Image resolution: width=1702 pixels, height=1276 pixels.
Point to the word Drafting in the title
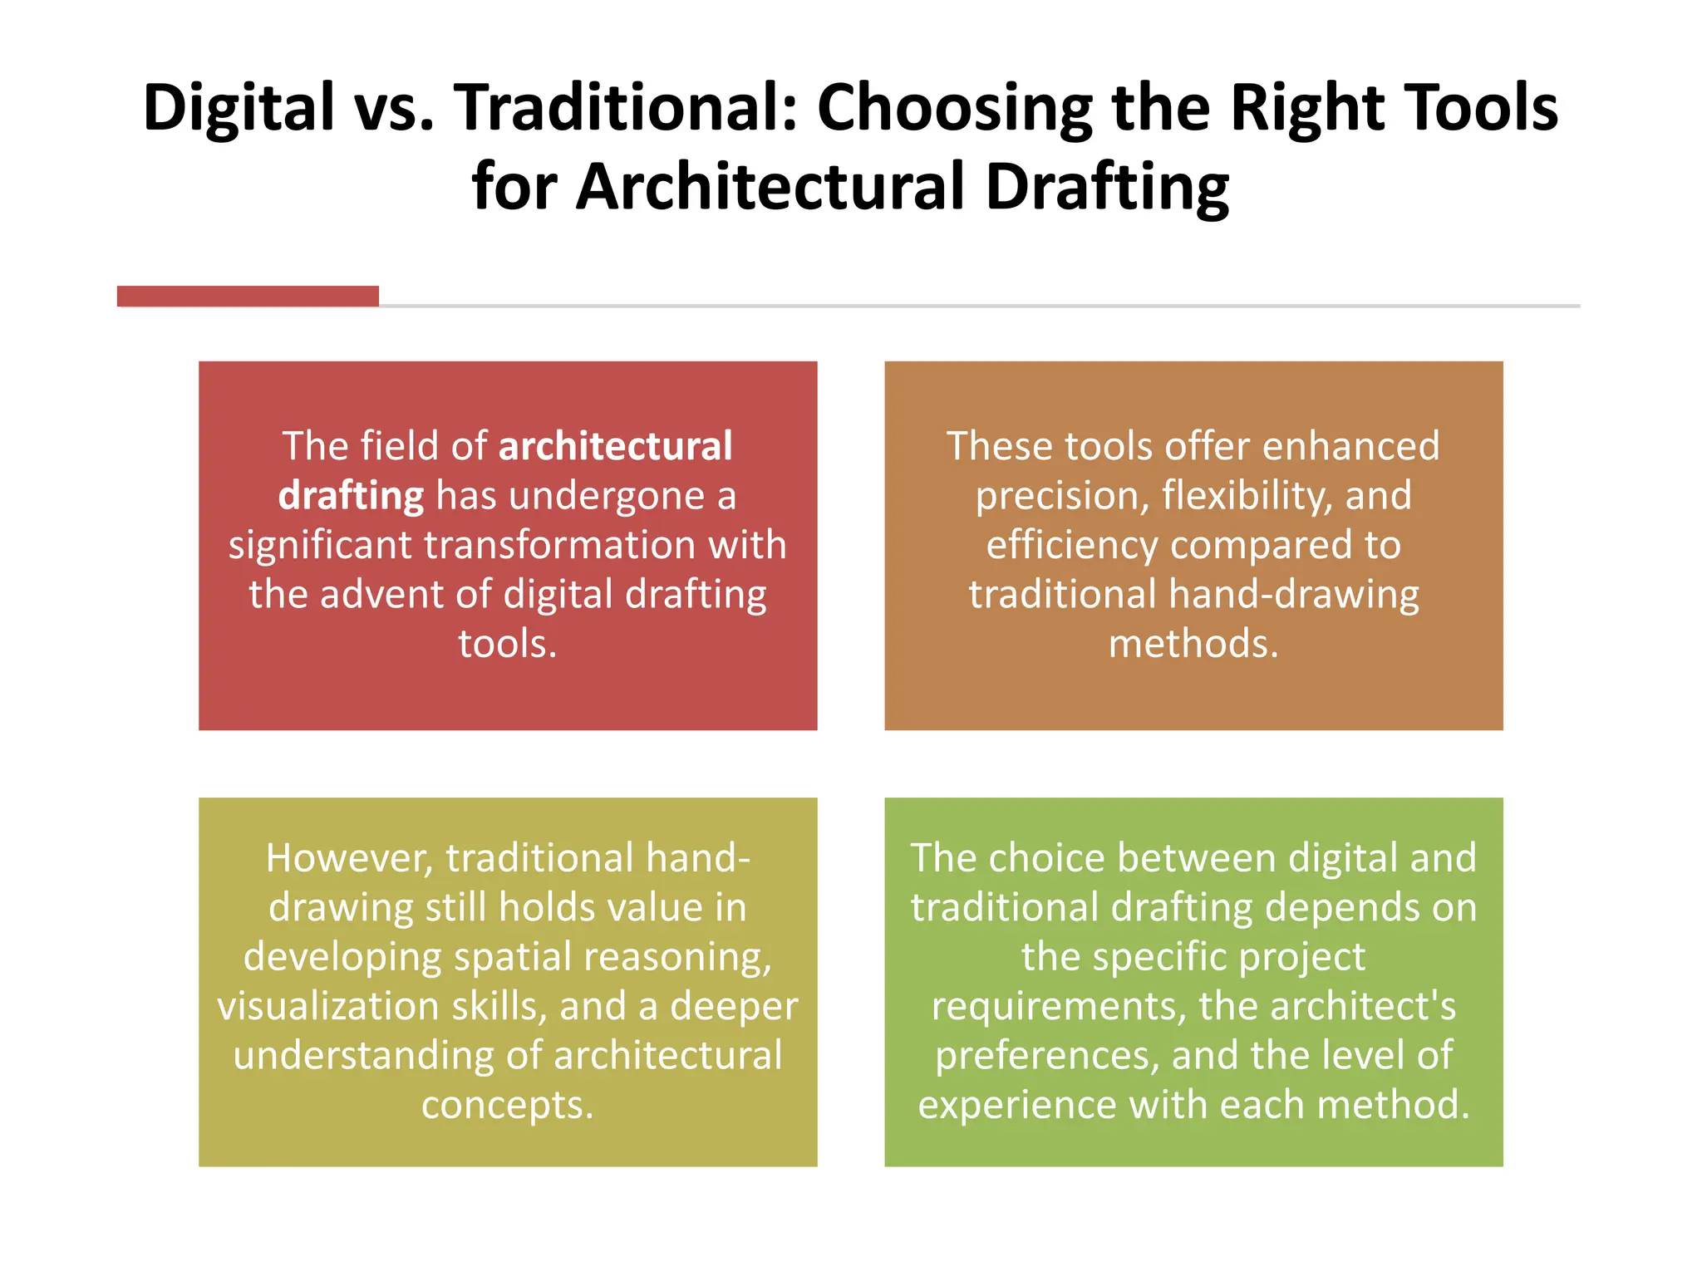1107,187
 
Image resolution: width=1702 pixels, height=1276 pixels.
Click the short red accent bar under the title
248,297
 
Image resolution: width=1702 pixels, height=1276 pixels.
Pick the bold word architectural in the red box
615,446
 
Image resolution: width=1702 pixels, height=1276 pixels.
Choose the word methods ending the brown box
1193,644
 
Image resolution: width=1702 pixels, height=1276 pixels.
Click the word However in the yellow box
349,858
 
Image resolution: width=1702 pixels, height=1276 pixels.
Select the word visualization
328,1006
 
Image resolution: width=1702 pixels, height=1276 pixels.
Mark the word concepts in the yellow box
507,1105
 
